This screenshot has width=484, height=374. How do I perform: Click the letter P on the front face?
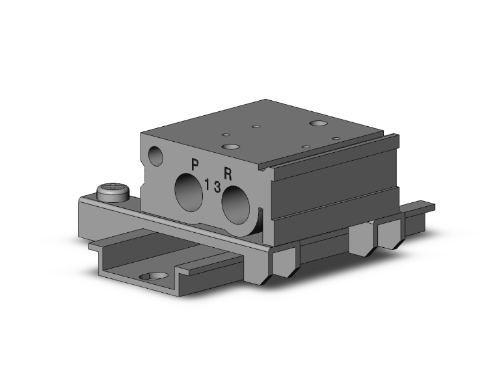click(x=194, y=164)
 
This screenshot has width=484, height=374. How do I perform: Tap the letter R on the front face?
click(x=228, y=173)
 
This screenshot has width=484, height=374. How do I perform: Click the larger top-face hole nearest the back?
click(x=319, y=123)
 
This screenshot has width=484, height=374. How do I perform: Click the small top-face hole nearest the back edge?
click(x=257, y=126)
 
